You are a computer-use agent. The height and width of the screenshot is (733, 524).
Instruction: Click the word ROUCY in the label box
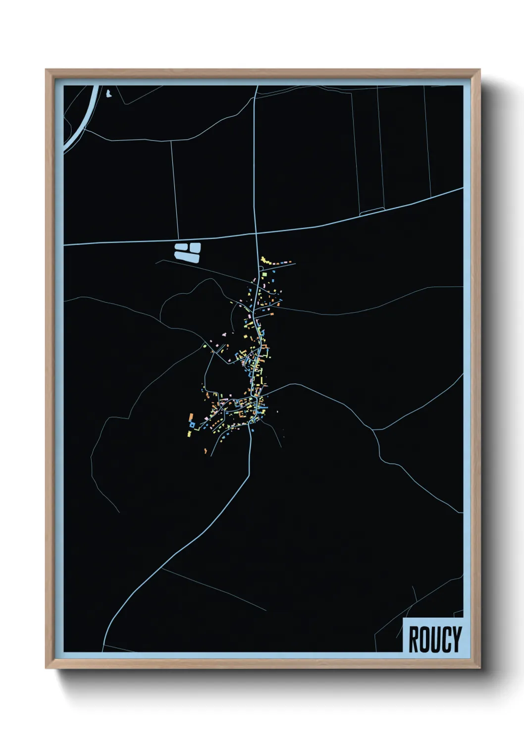click(434, 639)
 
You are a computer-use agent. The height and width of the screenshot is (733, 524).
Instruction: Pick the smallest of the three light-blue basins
click(181, 246)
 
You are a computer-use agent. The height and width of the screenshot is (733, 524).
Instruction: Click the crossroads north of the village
click(256, 232)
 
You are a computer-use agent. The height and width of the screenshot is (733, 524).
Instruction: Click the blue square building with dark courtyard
click(192, 424)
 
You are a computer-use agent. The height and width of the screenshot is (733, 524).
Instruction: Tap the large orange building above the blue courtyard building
click(191, 417)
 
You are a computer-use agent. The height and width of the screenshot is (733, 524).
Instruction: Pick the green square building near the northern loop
click(265, 273)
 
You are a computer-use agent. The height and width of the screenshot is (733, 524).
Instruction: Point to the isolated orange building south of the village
click(205, 451)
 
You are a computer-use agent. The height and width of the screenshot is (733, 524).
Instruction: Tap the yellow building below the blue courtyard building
click(189, 434)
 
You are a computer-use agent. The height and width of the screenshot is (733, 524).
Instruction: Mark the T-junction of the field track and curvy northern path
click(172, 141)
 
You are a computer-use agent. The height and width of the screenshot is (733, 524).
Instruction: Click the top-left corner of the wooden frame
click(47, 70)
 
